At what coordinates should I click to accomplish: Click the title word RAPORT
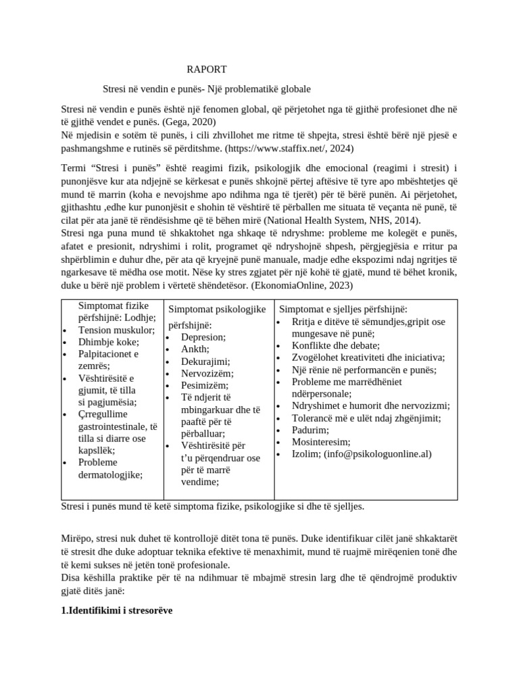207,70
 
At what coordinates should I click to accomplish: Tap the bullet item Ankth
195,349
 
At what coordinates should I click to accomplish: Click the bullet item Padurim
310,430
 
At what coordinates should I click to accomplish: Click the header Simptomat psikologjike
216,308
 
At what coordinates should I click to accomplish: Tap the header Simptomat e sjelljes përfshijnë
343,309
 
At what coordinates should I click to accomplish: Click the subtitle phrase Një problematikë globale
268,89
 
